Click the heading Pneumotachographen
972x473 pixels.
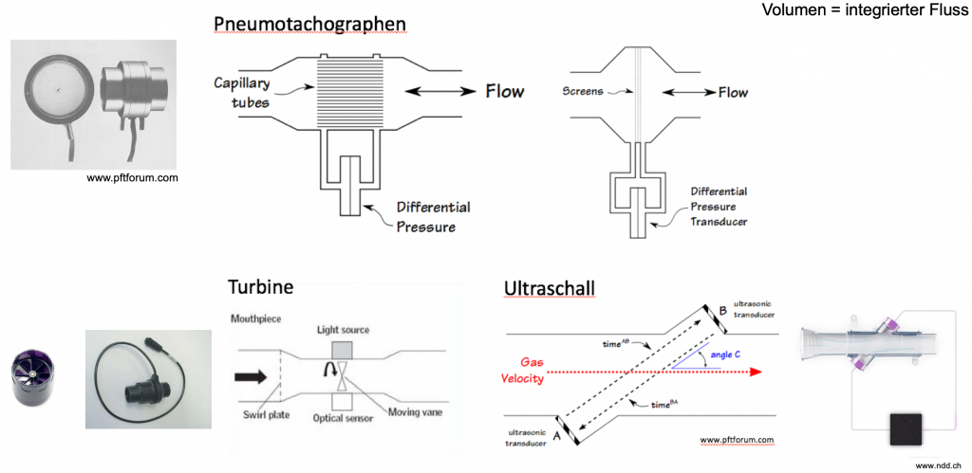pyautogui.click(x=310, y=24)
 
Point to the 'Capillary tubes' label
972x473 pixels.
pyautogui.click(x=242, y=92)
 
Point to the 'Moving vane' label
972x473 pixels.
pyautogui.click(x=415, y=412)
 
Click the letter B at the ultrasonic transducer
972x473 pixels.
pyautogui.click(x=722, y=309)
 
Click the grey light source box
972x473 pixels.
pyautogui.click(x=341, y=350)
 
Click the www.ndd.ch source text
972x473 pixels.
pyautogui.click(x=938, y=465)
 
